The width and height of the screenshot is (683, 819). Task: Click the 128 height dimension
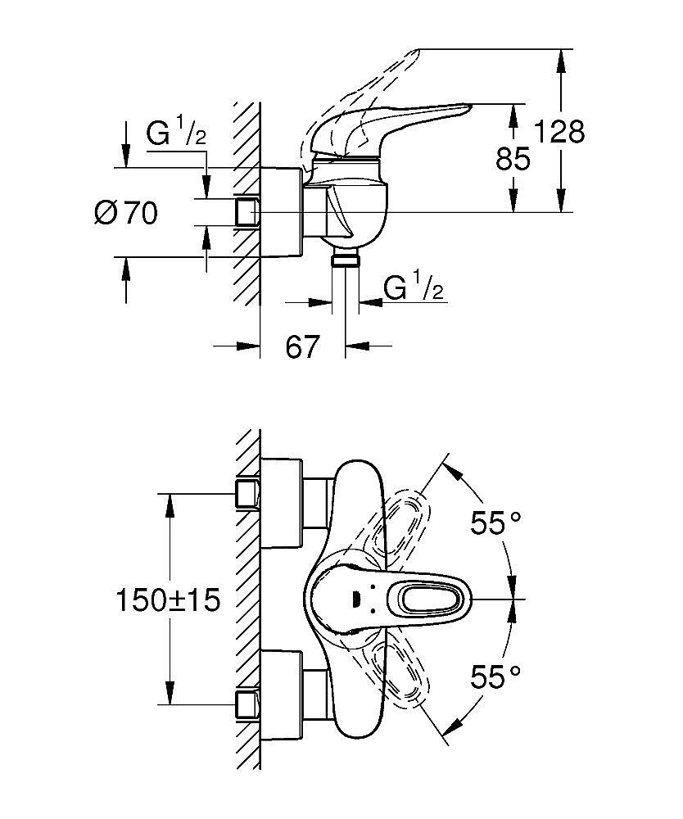(x=559, y=132)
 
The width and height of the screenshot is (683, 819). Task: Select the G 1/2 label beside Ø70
(x=176, y=134)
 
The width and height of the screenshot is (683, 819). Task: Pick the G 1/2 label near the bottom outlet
(x=414, y=288)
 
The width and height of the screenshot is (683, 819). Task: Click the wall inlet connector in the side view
(x=247, y=213)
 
